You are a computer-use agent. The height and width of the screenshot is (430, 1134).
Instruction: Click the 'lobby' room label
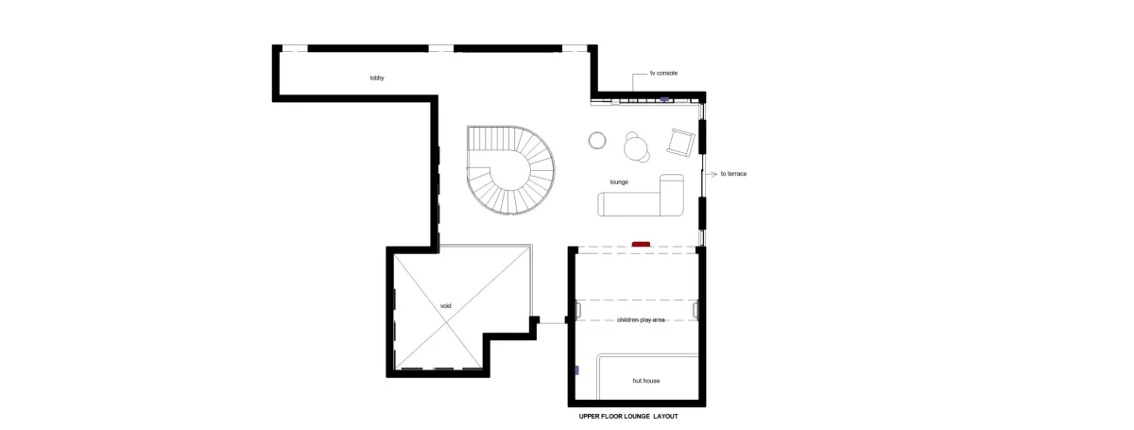click(377, 78)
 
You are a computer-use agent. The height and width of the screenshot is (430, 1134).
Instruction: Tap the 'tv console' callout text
click(663, 74)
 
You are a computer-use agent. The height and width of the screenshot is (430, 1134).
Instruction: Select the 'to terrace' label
click(733, 174)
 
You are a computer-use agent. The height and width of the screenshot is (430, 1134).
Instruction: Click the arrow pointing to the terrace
click(712, 174)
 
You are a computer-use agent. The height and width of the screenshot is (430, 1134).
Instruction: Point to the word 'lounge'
click(619, 181)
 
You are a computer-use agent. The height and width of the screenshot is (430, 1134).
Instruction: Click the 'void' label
click(445, 306)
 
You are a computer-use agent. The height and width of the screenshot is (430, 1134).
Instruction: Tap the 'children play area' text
click(641, 320)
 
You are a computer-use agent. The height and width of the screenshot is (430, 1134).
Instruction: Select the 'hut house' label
click(646, 381)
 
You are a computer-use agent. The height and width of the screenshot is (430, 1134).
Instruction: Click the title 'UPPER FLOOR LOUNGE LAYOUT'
click(628, 417)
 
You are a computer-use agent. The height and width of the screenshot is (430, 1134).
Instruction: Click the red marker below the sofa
click(641, 245)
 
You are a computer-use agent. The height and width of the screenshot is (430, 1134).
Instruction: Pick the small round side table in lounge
click(597, 140)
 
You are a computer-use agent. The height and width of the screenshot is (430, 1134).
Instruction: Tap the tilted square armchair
click(681, 143)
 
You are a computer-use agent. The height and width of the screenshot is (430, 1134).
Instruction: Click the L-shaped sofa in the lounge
click(642, 203)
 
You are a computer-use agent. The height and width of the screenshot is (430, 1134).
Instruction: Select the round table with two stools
click(636, 147)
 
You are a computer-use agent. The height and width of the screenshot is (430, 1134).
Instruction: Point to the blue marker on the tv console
click(664, 99)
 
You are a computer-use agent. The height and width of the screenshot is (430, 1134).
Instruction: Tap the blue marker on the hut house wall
click(576, 370)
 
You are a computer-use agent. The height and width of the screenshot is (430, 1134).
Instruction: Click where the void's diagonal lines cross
click(446, 320)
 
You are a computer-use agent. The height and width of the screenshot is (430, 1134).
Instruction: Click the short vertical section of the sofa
click(672, 195)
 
